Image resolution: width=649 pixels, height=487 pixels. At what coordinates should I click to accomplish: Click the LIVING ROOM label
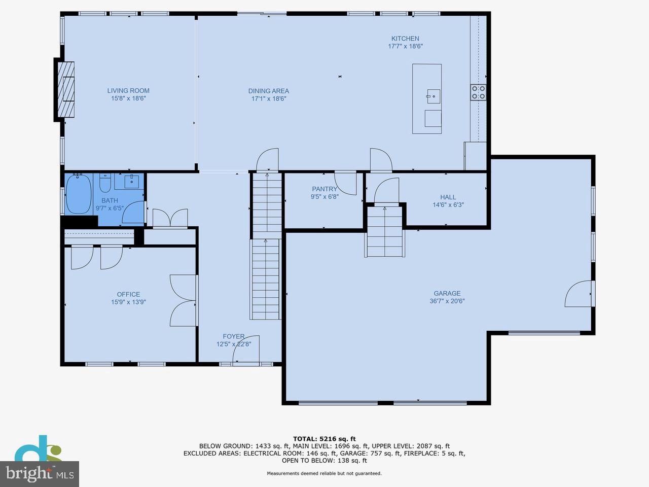[x=128, y=91]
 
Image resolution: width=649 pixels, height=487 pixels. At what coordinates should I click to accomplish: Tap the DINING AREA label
[x=269, y=91]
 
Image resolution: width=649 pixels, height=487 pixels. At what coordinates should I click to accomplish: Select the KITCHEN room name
[x=405, y=39]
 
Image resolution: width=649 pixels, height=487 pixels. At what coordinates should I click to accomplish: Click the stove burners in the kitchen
[x=478, y=92]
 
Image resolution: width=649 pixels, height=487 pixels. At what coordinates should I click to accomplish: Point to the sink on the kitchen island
[x=433, y=94]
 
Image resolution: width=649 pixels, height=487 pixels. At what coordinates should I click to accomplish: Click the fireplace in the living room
[x=65, y=90]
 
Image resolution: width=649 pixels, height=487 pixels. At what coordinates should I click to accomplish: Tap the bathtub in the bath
[x=79, y=194]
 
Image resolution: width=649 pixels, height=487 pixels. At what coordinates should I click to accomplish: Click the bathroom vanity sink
[x=133, y=180]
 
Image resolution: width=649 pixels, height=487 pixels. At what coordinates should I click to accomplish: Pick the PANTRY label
[x=324, y=189]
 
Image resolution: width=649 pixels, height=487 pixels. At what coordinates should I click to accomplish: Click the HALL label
[x=448, y=197]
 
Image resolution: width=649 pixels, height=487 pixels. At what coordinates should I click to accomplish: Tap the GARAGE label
[x=447, y=293]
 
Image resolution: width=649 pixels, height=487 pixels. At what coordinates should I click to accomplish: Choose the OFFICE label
[x=128, y=294]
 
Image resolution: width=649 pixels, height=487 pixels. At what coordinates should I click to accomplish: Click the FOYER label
[x=234, y=336]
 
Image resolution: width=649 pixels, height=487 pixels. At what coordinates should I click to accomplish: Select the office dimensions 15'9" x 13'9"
[x=129, y=302]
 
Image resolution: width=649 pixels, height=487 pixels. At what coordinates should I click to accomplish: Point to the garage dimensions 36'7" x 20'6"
[x=447, y=301]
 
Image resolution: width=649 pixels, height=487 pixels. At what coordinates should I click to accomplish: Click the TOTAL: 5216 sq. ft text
[x=324, y=439]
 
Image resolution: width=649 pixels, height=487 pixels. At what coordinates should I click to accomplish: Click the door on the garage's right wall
[x=579, y=294]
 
